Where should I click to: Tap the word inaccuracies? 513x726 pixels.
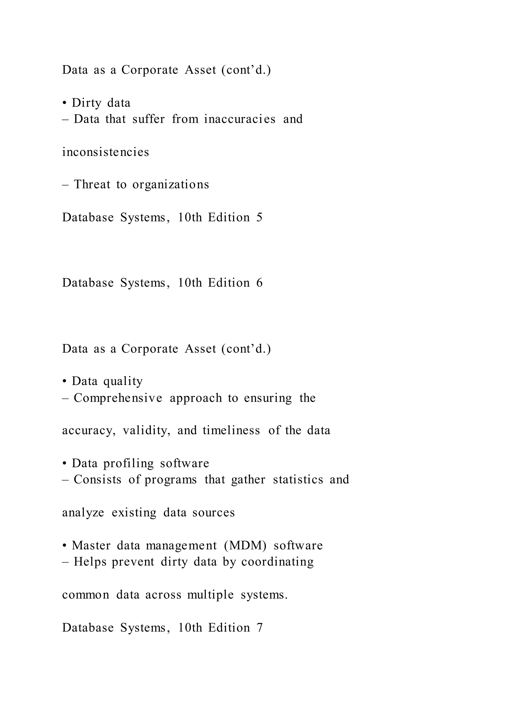pos(240,119)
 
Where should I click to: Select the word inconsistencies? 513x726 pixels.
pos(105,152)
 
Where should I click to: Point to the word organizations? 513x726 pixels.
pos(171,185)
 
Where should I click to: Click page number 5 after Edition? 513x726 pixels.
pos(259,218)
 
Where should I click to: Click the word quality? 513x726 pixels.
pos(123,382)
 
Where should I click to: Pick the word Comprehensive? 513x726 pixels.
pos(118,398)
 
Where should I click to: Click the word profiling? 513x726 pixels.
pos(129,464)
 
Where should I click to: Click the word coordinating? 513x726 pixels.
pos(277,562)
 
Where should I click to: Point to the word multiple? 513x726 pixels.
pos(210,595)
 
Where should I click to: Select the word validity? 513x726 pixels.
pos(147,431)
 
